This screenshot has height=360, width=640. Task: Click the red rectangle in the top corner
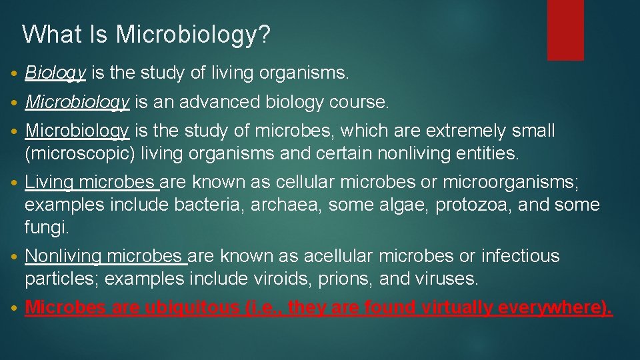pos(565,29)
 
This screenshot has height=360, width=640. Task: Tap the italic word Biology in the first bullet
pos(55,73)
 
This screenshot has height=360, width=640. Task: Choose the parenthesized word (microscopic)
pos(80,154)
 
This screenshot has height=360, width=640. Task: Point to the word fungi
pos(46,227)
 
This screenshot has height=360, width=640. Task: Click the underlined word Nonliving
pos(63,256)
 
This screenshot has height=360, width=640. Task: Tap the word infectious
pos(520,256)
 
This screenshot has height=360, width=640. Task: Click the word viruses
pos(449,279)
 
